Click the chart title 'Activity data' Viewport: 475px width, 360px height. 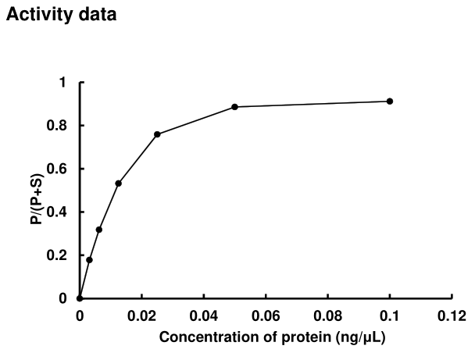(x=61, y=15)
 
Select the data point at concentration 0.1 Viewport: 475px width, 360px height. (x=390, y=101)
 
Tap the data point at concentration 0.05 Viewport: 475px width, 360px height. (x=234, y=106)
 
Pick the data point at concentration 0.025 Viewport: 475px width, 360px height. (x=157, y=134)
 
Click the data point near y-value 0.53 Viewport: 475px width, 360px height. (x=118, y=184)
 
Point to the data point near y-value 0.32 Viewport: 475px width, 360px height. (x=99, y=230)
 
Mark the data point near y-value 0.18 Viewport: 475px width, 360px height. (x=89, y=260)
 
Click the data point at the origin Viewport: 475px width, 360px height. (x=80, y=298)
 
